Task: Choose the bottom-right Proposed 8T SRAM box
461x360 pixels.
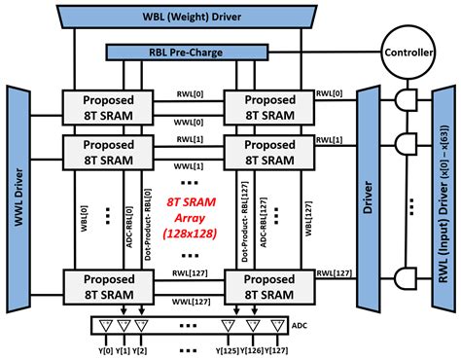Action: pyautogui.click(x=263, y=284)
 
